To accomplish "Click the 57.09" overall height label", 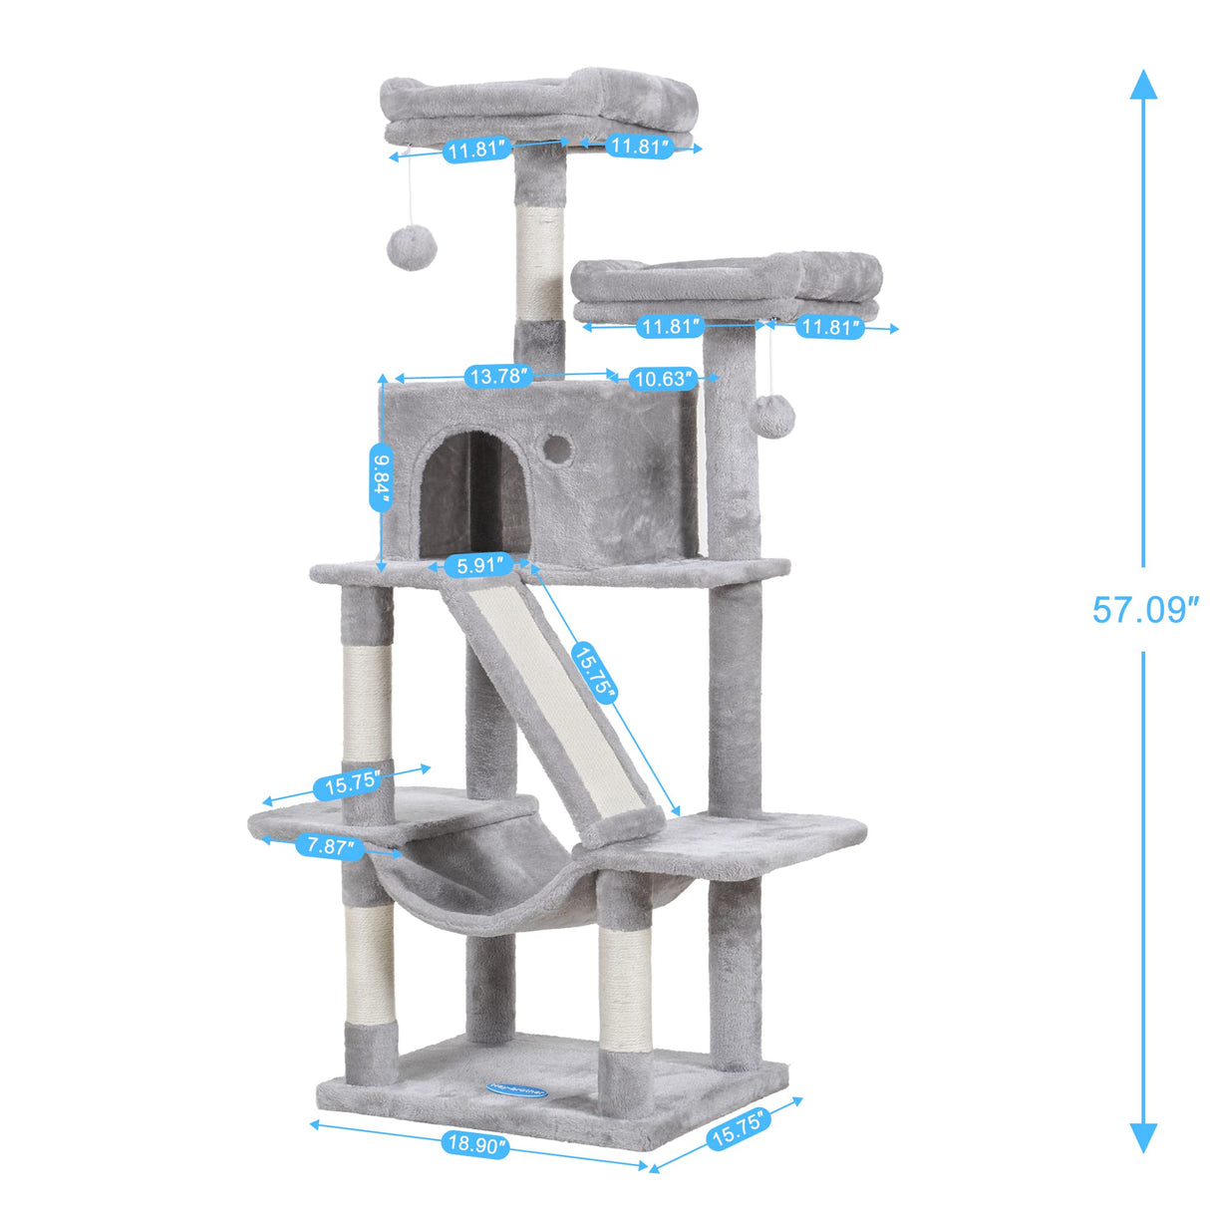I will [x=1144, y=609].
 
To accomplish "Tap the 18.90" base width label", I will [x=475, y=1145].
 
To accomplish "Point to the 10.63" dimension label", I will [x=661, y=379].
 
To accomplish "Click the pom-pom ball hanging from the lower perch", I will [x=770, y=414].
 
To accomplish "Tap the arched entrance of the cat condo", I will [x=473, y=493].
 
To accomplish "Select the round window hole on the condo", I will [x=558, y=448].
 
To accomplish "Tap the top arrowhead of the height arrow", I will [x=1143, y=84].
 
